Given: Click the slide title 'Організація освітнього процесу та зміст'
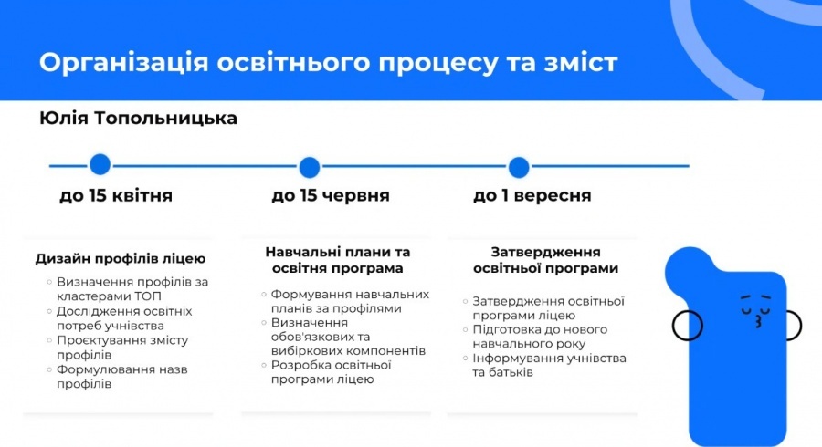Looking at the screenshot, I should coord(329,63).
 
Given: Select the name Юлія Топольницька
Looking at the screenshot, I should coord(139,119).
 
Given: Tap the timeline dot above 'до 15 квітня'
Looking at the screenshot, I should coord(100,165).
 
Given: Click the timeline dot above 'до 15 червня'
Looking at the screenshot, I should coord(310,167).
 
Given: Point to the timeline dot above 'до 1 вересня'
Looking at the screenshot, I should coord(519,167).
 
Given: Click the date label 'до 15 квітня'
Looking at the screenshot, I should coord(116,196).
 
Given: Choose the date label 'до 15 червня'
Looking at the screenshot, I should coord(331,196).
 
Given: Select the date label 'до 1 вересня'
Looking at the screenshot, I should coord(532,196).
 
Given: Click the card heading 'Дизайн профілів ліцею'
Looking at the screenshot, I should coord(121,259).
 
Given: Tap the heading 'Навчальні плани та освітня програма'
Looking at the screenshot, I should coord(338,260).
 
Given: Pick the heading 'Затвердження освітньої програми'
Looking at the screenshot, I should coord(545,260).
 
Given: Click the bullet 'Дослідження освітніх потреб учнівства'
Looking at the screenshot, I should coord(123,318).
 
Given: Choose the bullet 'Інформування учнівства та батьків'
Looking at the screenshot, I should coord(548,366).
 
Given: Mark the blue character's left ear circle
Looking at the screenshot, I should coord(682,324).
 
